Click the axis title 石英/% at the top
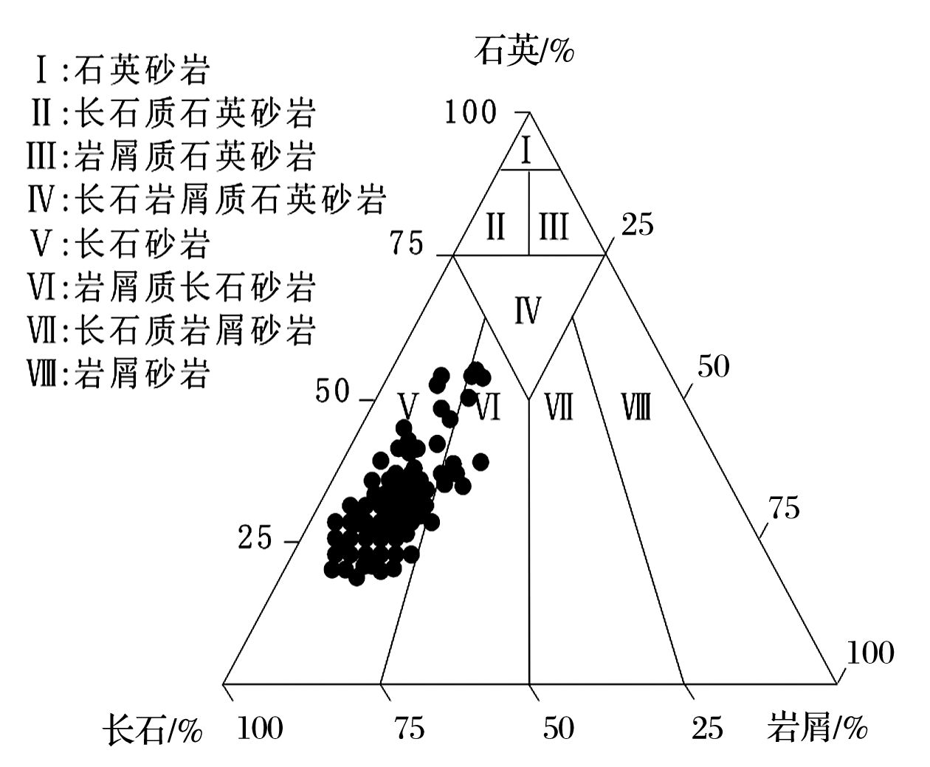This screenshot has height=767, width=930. coord(524,51)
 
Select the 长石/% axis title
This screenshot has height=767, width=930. coord(153,729)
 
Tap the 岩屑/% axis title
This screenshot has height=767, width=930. coord(817,727)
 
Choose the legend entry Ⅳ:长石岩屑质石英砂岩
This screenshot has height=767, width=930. coord(206,201)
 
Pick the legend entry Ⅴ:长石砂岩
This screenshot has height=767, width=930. coord(120,244)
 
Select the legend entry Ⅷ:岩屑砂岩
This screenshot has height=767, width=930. coord(118,374)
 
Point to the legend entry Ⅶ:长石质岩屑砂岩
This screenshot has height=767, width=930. coord(171,330)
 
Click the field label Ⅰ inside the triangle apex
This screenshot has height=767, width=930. coord(526,151)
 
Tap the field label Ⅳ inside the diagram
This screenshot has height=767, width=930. coord(528,310)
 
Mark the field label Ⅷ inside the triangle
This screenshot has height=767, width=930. coord(636,407)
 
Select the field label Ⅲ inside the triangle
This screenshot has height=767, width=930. coord(554,227)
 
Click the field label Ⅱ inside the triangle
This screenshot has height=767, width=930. coord(496,227)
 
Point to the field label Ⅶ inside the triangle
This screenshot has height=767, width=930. coord(559,407)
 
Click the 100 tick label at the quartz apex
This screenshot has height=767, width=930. coord(471,111)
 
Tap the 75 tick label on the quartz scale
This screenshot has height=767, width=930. coord(407,243)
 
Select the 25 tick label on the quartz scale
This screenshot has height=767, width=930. coord(255,537)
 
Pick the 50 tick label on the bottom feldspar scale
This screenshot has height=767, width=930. coord(559,729)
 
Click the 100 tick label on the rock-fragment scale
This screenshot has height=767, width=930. coord(870,653)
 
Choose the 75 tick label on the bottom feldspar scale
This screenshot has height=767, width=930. coord(410,729)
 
